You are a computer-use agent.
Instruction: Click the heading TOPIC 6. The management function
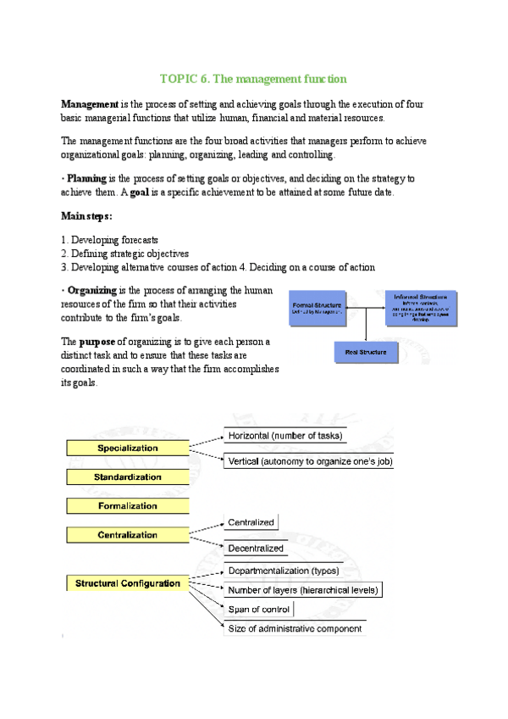click(x=253, y=79)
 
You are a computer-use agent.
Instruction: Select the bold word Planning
click(x=86, y=179)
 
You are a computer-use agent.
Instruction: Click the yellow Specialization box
click(x=127, y=448)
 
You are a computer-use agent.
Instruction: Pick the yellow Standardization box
click(x=127, y=477)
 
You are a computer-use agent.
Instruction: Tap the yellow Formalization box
click(x=127, y=506)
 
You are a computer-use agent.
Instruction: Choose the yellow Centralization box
click(x=127, y=535)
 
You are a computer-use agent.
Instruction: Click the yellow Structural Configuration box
click(x=127, y=583)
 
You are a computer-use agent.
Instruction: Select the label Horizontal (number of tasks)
click(x=284, y=436)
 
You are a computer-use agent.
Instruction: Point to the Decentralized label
click(x=256, y=549)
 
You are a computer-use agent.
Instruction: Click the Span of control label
click(x=259, y=609)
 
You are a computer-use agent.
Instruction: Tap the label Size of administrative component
click(x=295, y=628)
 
